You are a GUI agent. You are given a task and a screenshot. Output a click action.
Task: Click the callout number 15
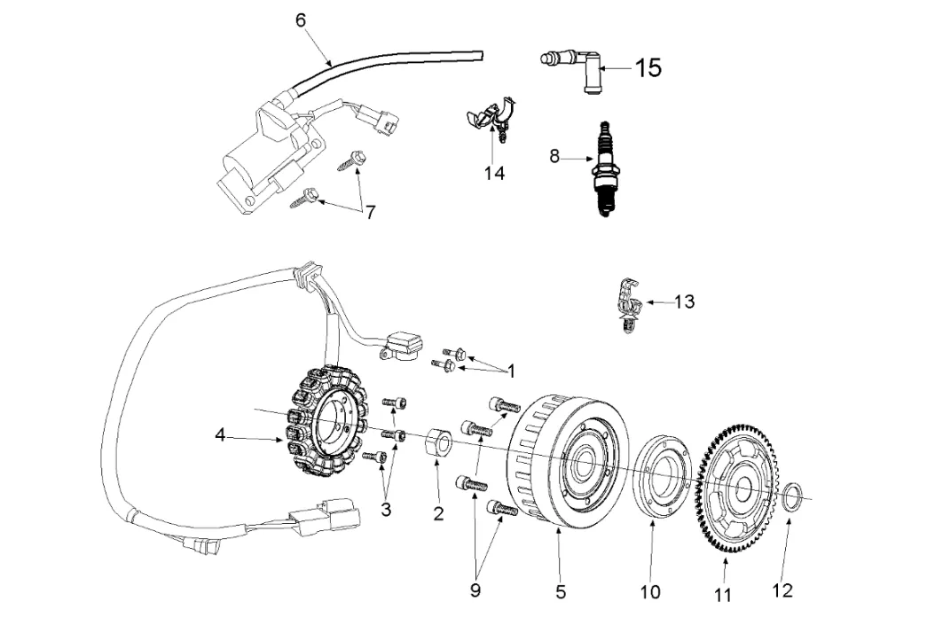(648, 67)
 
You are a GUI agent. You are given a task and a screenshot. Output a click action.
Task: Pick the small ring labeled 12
(795, 496)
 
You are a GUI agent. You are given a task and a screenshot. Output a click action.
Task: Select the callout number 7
(371, 213)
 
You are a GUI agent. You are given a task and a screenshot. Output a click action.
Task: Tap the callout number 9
(475, 590)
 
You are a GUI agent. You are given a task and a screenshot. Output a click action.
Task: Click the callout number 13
(684, 302)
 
